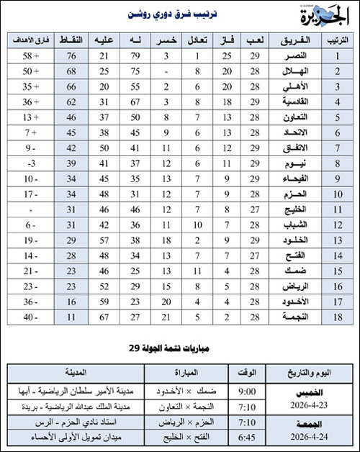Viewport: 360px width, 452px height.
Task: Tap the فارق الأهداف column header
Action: coord(32,40)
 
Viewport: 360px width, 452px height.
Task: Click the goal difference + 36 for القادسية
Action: coord(32,103)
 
